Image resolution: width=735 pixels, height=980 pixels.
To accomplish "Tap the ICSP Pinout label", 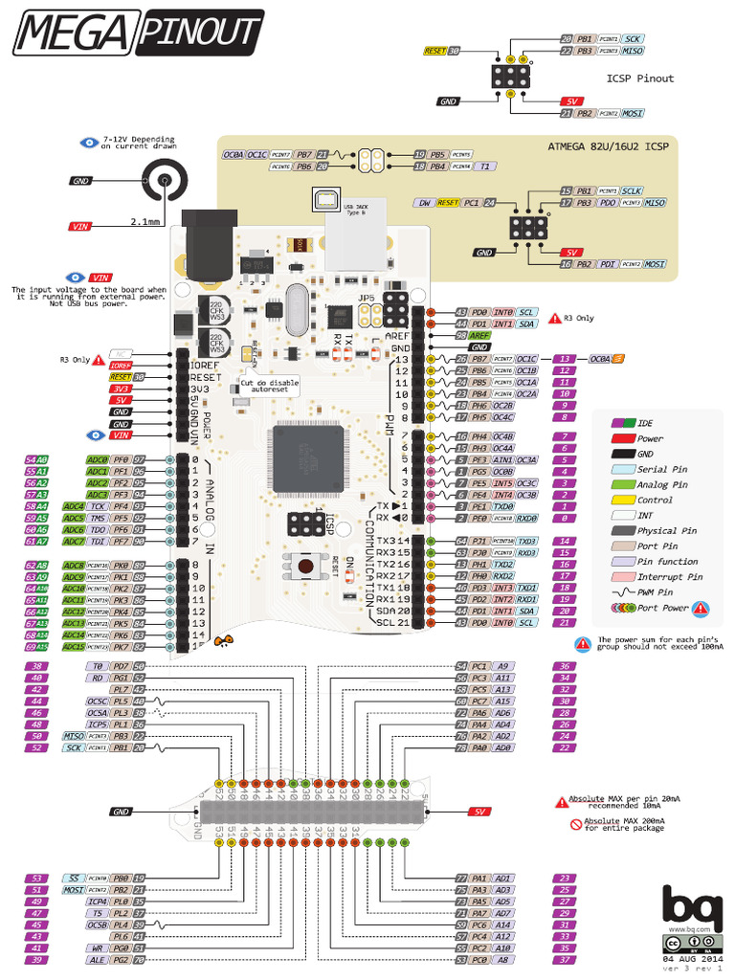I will pos(639,78).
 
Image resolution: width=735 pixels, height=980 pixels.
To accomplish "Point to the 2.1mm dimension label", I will pos(145,221).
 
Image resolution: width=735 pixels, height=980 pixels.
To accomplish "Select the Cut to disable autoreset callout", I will pos(271,387).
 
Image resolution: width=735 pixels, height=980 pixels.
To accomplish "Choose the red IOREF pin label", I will pos(121,366).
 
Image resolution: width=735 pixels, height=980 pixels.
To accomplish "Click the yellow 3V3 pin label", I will pos(121,389).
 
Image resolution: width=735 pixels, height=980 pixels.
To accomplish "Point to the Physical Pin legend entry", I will pos(668,530).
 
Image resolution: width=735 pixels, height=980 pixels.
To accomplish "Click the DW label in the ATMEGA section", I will pos(425,203).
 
